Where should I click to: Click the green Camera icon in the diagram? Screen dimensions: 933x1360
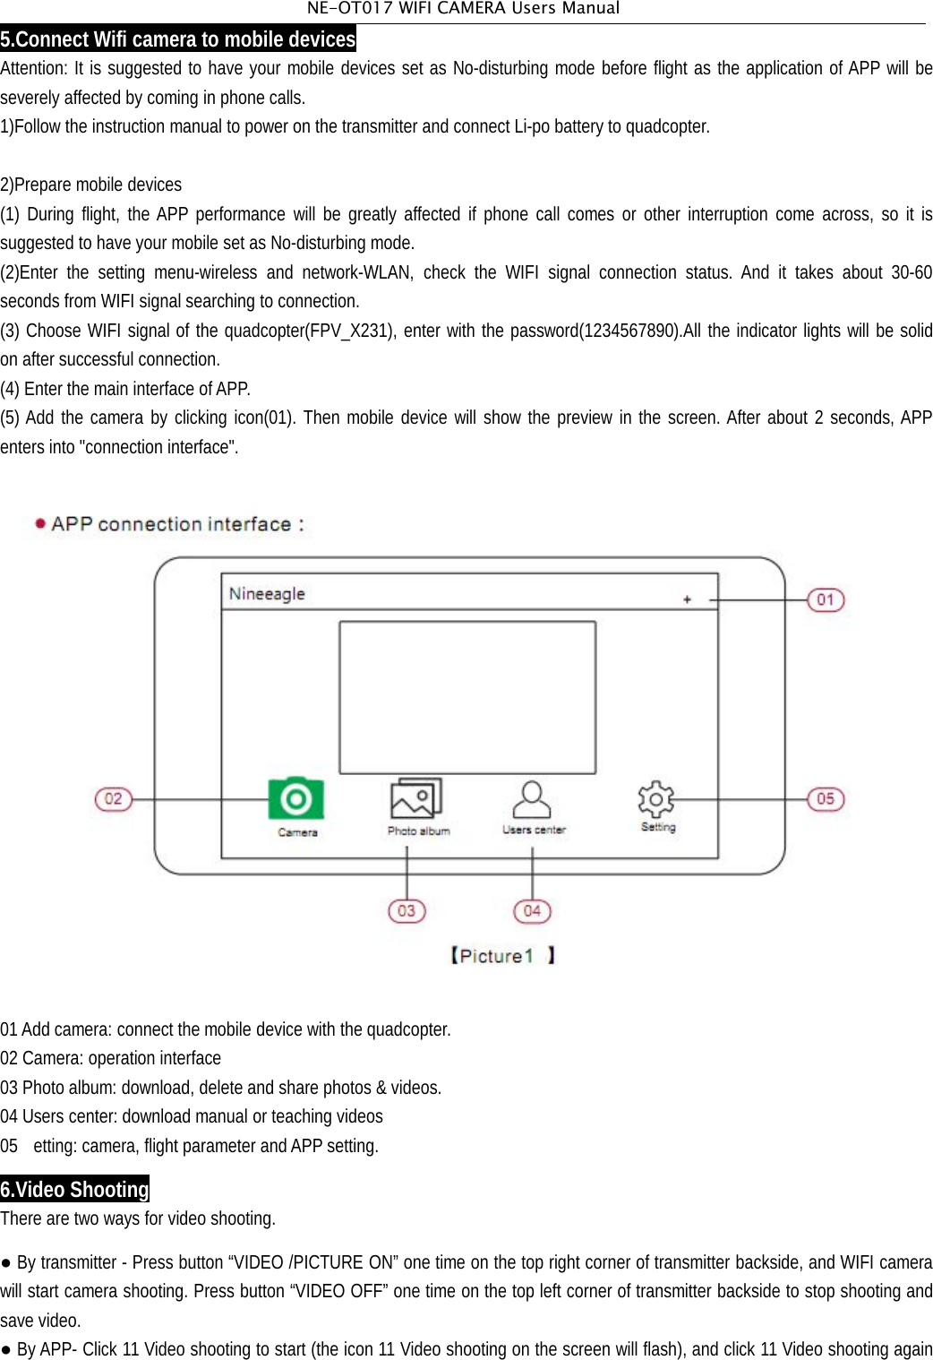click(295, 798)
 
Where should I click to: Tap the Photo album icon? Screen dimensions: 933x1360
click(416, 798)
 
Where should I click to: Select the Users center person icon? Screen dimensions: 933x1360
click(532, 798)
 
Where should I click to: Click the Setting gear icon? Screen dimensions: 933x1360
click(655, 798)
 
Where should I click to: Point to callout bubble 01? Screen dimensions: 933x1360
click(826, 599)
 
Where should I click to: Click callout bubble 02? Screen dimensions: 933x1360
click(114, 798)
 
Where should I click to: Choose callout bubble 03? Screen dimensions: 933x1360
click(407, 910)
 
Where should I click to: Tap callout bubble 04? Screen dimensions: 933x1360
click(532, 910)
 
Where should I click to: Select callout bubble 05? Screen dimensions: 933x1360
click(826, 798)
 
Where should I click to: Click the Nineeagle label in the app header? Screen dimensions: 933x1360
click(267, 594)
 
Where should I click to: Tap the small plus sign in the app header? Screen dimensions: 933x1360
click(687, 599)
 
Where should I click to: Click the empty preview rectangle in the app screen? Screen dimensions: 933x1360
click(466, 697)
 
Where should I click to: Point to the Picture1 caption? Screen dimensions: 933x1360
click(501, 956)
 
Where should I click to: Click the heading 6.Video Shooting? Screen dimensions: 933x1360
click(75, 1189)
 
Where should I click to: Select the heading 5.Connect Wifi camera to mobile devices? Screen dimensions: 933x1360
click(178, 39)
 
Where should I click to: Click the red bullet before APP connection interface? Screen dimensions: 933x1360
click(40, 523)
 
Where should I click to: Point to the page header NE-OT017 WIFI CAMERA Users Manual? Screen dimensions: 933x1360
click(463, 9)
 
